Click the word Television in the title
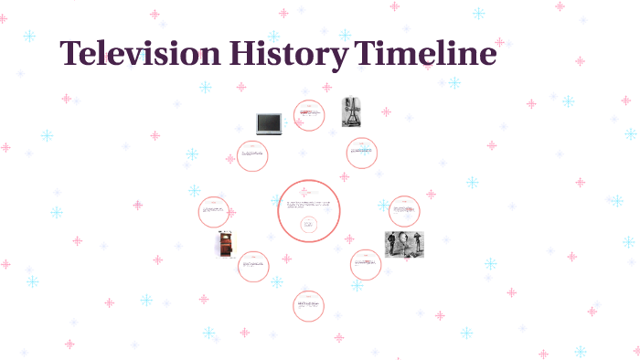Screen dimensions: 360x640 click(x=142, y=54)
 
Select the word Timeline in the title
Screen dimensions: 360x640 click(x=427, y=54)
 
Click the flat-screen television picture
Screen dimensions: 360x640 click(x=270, y=123)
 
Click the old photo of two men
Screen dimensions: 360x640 click(x=404, y=244)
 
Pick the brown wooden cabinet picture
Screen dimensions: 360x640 click(x=225, y=244)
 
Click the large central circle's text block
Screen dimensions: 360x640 click(x=309, y=204)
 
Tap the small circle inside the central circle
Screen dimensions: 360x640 click(x=309, y=224)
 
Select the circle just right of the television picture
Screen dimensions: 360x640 click(x=310, y=116)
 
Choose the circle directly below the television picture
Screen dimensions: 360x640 click(x=252, y=156)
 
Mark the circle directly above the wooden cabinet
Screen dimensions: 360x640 click(x=214, y=211)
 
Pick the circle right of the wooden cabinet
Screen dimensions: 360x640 click(x=253, y=267)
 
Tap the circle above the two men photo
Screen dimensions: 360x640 click(x=404, y=211)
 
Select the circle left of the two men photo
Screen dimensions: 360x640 click(x=365, y=265)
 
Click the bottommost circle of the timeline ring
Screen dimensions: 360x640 click(x=309, y=306)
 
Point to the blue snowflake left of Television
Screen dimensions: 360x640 click(x=29, y=37)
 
